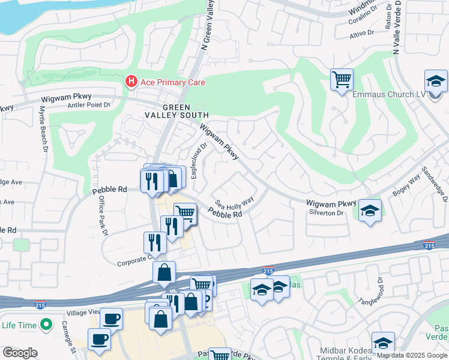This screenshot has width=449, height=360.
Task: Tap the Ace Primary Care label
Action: coord(173,82)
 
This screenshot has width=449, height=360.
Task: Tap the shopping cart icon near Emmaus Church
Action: coord(342,79)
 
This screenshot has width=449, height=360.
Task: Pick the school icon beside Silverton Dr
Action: coord(370,211)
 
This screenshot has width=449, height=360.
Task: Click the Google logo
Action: coord(20,353)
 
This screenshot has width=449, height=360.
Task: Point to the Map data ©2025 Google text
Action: coord(411,355)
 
